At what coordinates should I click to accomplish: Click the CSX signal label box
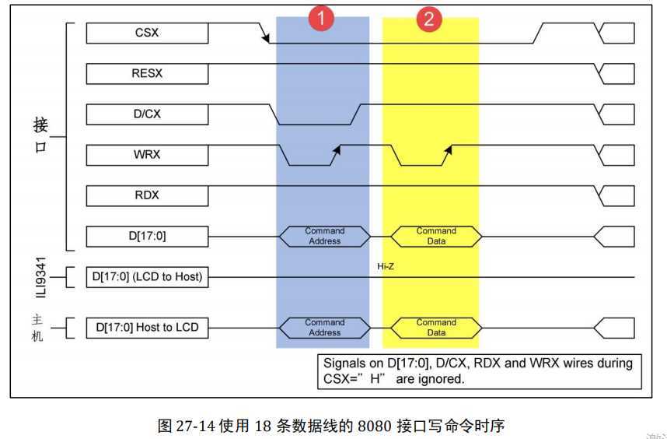click(147, 33)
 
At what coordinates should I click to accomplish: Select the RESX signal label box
click(147, 73)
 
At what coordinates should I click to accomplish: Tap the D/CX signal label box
click(147, 114)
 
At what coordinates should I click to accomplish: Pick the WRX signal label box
click(147, 154)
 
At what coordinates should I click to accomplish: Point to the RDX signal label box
click(147, 195)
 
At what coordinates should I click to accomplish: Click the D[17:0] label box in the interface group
click(147, 236)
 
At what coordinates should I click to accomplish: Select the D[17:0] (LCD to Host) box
click(147, 276)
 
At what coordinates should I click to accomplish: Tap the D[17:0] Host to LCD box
click(147, 328)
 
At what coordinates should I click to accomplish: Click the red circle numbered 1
click(321, 19)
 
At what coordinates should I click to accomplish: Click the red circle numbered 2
click(428, 19)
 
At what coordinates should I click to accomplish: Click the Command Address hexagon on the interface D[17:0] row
click(324, 236)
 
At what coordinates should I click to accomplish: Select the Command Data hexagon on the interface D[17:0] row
click(436, 236)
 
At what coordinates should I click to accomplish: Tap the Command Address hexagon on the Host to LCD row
click(324, 328)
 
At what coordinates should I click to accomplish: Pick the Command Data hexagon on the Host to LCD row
click(436, 328)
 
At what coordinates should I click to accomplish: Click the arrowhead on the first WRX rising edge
click(336, 148)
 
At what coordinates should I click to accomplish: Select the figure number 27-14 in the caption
click(191, 426)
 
